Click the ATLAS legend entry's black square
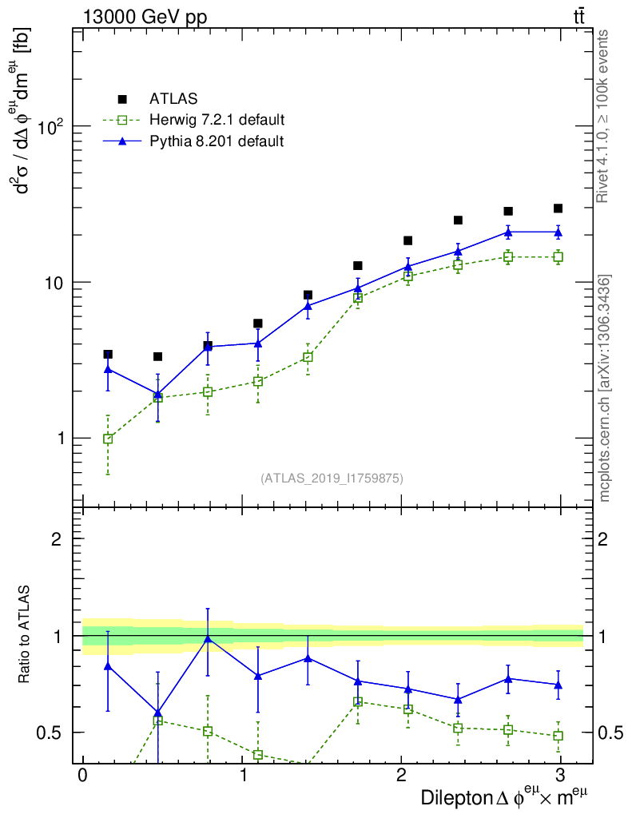pyautogui.click(x=122, y=99)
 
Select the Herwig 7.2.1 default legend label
pyautogui.click(x=217, y=121)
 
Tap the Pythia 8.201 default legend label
pyautogui.click(x=216, y=141)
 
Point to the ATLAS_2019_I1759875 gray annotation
pyautogui.click(x=332, y=478)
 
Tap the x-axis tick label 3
pyautogui.click(x=560, y=776)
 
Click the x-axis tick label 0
pyautogui.click(x=81, y=776)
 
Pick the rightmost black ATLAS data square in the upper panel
pyautogui.click(x=558, y=208)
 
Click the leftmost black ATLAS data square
pyautogui.click(x=108, y=354)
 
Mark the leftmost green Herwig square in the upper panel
pyautogui.click(x=108, y=439)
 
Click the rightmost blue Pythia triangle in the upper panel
pyautogui.click(x=558, y=232)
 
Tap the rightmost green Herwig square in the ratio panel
pyautogui.click(x=558, y=735)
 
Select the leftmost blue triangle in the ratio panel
pyautogui.click(x=108, y=665)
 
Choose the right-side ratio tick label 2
pyautogui.click(x=602, y=539)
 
